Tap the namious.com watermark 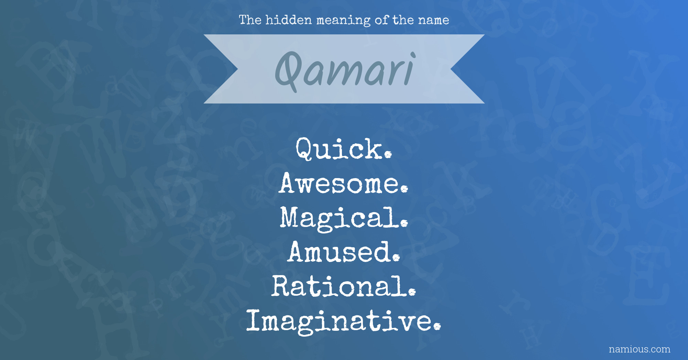(639, 349)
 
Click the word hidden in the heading (289, 20)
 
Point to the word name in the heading (433, 21)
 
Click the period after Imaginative (437, 327)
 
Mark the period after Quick (388, 155)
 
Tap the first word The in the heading (250, 20)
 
